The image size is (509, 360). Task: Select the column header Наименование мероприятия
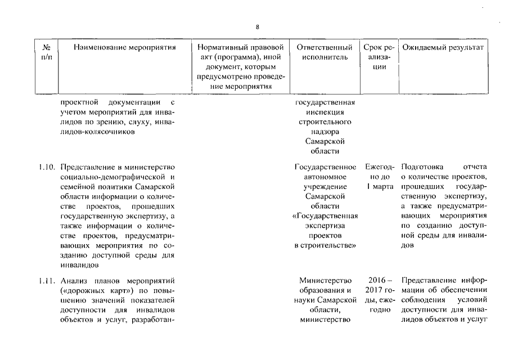point(125,48)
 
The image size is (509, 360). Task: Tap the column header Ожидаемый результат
point(443,48)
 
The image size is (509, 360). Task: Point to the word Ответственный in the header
point(325,48)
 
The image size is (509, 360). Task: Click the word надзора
point(325,132)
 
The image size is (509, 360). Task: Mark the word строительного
point(325,122)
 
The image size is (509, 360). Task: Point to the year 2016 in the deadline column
point(375,281)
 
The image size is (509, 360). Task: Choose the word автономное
point(325,177)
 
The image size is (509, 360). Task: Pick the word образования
point(325,290)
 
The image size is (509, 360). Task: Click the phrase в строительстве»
point(325,245)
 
